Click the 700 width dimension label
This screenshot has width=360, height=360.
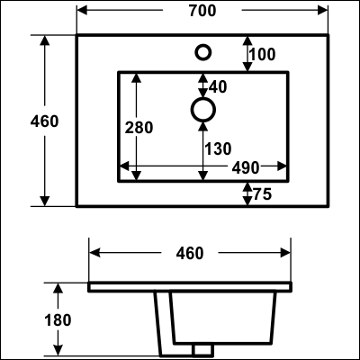tap(202, 11)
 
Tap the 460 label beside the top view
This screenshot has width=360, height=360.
tap(44, 121)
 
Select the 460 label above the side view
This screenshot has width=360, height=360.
tap(190, 253)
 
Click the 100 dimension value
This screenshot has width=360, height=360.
tap(262, 55)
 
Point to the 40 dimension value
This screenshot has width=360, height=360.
tap(218, 87)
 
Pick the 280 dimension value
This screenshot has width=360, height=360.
tap(139, 128)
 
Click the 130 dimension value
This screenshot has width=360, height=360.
tap(218, 148)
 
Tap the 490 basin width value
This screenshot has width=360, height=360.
tap(246, 167)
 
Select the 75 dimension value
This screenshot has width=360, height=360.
tap(263, 194)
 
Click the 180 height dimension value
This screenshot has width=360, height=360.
tap(58, 320)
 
